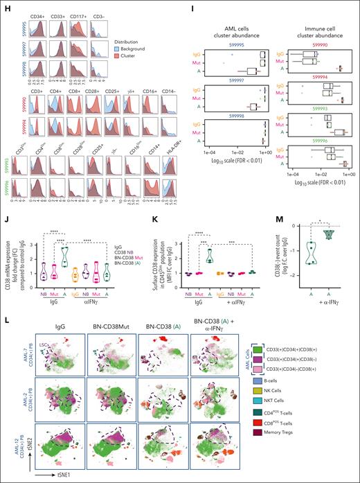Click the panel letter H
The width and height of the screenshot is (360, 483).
(x=5, y=4)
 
